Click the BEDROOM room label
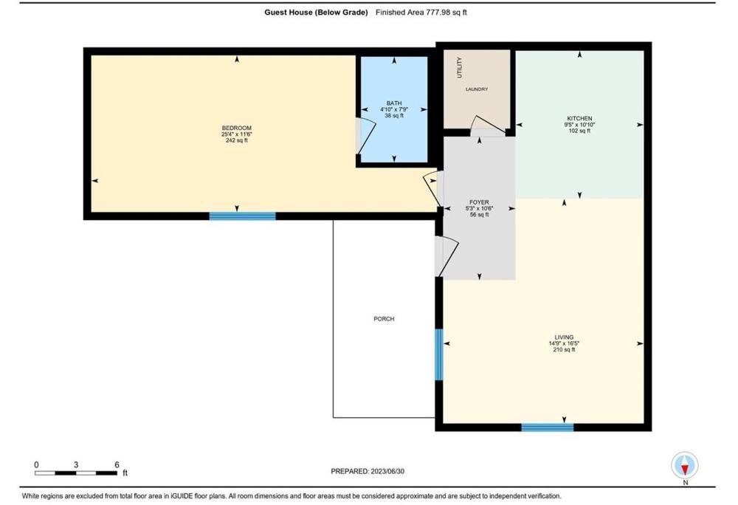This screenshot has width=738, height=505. coord(236,128)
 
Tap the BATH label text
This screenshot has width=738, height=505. coord(394,103)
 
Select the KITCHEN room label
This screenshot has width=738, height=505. coord(579,119)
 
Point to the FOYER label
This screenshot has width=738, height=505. coord(479,202)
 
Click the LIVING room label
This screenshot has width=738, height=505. coord(564,337)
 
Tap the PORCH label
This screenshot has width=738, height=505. coord(384,319)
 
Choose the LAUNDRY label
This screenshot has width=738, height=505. coord(477,89)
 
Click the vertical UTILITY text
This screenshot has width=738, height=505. coord(459,68)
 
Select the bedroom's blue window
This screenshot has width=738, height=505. coord(242,216)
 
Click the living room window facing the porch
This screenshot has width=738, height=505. coord(438,354)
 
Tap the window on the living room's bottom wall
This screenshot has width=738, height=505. coord(548,427)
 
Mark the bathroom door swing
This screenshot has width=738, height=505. coord(366,137)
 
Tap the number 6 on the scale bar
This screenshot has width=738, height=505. coord(117,464)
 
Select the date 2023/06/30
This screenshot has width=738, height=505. coord(387,471)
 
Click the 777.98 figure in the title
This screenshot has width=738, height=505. coord(436,13)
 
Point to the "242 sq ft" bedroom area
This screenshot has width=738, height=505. coord(236,140)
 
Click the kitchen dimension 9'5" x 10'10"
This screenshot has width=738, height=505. coord(579,125)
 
